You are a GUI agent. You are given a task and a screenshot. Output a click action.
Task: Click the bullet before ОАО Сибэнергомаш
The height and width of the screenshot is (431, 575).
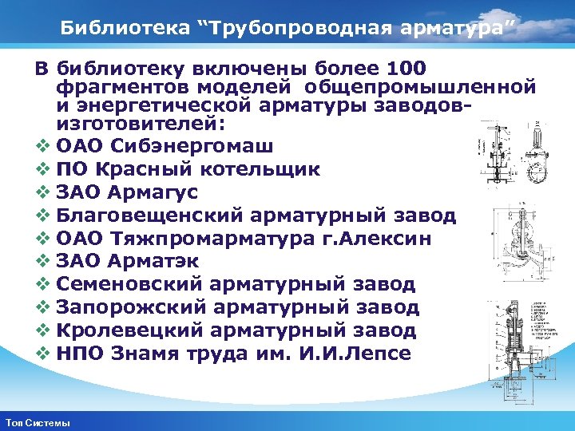(x=42, y=147)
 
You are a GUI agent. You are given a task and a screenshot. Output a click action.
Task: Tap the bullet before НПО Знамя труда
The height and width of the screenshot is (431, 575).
(x=42, y=354)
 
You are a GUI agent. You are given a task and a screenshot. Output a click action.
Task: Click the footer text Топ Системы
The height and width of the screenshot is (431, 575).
(x=37, y=422)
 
